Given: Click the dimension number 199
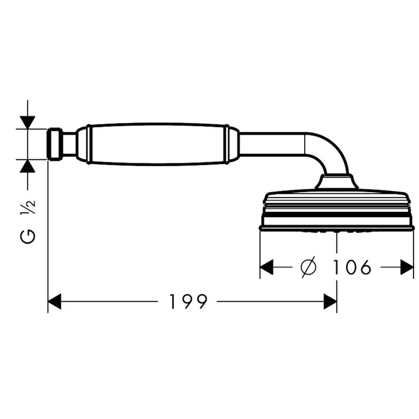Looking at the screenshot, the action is click(x=189, y=302).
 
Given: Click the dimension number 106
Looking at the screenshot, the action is click(x=352, y=267).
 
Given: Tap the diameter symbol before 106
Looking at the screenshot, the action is click(x=308, y=267).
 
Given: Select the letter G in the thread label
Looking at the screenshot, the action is click(x=28, y=236).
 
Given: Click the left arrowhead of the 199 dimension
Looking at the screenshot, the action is click(x=54, y=302).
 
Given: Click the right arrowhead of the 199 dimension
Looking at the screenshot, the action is click(x=330, y=302).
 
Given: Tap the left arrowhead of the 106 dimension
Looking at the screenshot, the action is click(x=266, y=267).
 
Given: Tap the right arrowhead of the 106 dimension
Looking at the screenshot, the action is click(x=407, y=267).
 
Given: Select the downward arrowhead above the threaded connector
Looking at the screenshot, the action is click(x=28, y=122).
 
